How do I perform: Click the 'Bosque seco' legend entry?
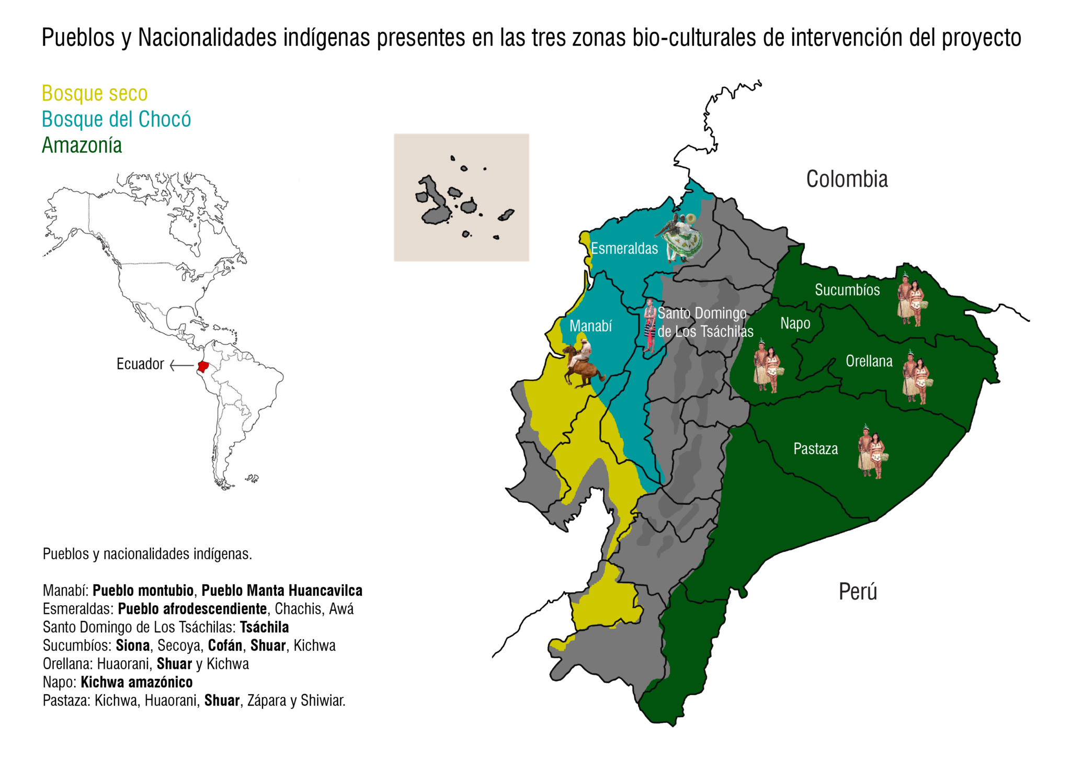coord(95,94)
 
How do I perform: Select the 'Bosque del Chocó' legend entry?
coord(116,119)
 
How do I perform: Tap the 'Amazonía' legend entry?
coord(82,145)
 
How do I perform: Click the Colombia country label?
coord(847,179)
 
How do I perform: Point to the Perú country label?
coord(858,591)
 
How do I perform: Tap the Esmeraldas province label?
coord(624,248)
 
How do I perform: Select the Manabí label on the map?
coord(590,326)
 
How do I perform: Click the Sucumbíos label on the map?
coord(847,290)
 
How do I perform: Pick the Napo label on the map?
coord(795,323)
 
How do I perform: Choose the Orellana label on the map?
coord(869,361)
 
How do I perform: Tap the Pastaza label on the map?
coord(815,449)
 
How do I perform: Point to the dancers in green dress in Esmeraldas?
coord(679,237)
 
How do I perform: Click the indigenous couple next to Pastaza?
coord(871,452)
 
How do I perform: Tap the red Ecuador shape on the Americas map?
coord(203,366)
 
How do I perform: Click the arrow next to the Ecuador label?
coord(181,365)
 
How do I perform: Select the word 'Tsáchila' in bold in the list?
coord(264,627)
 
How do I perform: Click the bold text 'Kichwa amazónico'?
coord(136,682)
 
